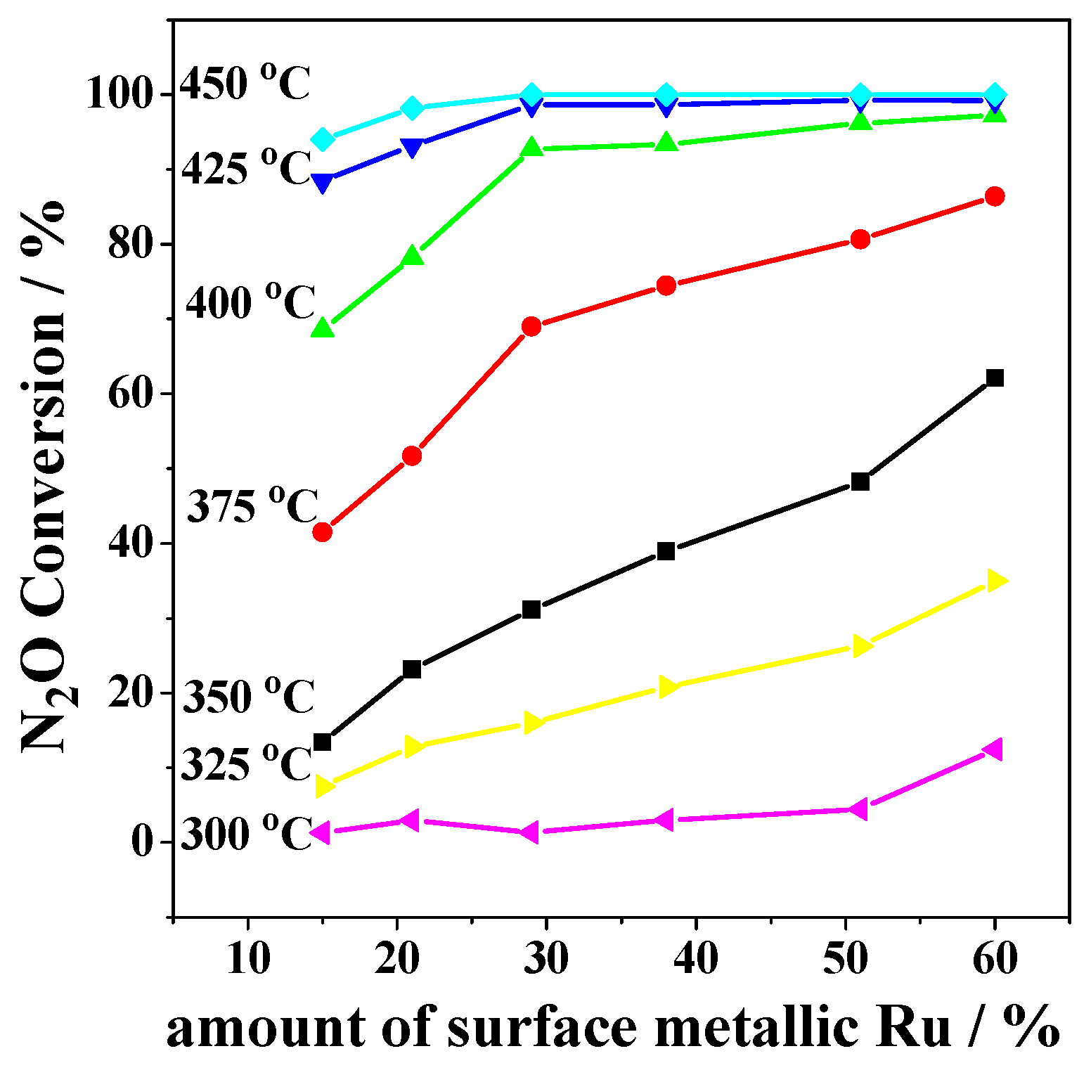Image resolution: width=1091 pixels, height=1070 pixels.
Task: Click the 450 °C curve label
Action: tap(245, 82)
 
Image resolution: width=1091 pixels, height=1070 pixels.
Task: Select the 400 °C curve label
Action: tap(250, 302)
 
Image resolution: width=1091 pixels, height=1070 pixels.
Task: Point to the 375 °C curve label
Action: tap(252, 505)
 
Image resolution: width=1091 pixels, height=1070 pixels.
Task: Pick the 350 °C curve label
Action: tap(248, 696)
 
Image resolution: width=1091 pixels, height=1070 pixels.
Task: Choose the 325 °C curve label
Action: tap(246, 763)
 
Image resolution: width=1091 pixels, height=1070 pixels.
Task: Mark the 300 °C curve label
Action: tap(246, 834)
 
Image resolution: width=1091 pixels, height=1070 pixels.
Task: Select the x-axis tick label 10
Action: tap(248, 958)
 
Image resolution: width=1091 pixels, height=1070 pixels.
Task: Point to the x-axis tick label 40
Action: tap(696, 958)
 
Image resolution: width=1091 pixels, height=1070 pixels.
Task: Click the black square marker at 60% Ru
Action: tap(995, 378)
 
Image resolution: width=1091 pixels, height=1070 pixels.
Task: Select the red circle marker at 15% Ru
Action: tap(323, 532)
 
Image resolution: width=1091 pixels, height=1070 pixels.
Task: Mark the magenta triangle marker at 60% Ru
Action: tap(993, 749)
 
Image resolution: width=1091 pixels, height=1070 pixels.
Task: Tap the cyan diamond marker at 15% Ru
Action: tap(323, 139)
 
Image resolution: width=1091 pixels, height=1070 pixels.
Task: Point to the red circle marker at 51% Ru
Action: tap(860, 240)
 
